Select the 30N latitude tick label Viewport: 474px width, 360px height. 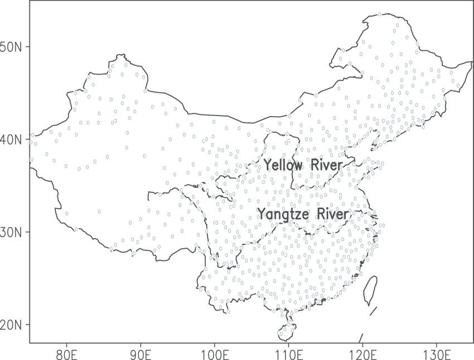coord(11,232)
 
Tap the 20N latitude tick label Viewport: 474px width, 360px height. coord(11,324)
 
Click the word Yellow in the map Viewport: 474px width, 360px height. coord(283,165)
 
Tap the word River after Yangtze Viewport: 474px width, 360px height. coord(333,214)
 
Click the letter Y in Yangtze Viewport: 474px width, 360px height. coord(260,214)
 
